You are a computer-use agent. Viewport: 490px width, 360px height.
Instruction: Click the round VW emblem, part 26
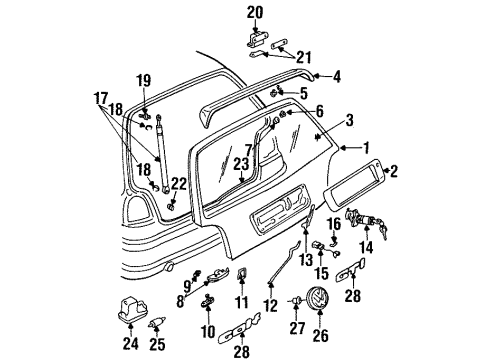pyautogui.click(x=318, y=297)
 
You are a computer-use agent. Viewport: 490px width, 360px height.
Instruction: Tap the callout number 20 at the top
pyautogui.click(x=255, y=13)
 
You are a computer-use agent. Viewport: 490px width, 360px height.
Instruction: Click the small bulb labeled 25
pyautogui.click(x=157, y=323)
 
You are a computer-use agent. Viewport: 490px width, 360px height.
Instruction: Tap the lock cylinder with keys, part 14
pyautogui.click(x=367, y=222)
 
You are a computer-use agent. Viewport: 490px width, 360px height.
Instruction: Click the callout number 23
pyautogui.click(x=241, y=164)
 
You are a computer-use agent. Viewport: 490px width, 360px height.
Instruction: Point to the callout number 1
pyautogui.click(x=366, y=148)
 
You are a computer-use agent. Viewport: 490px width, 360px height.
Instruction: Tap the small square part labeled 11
pyautogui.click(x=242, y=274)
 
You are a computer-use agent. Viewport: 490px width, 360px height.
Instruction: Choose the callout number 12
pyautogui.click(x=270, y=305)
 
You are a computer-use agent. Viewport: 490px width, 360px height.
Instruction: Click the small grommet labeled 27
pyautogui.click(x=296, y=301)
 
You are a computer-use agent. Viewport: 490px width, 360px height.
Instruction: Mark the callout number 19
pyautogui.click(x=144, y=80)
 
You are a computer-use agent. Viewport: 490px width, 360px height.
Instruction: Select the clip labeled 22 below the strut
pyautogui.click(x=171, y=207)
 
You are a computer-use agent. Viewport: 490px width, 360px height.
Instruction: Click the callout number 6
pyautogui.click(x=319, y=111)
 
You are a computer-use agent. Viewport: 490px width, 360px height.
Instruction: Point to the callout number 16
pyautogui.click(x=334, y=224)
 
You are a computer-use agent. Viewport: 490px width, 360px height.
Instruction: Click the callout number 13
pyautogui.click(x=306, y=259)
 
